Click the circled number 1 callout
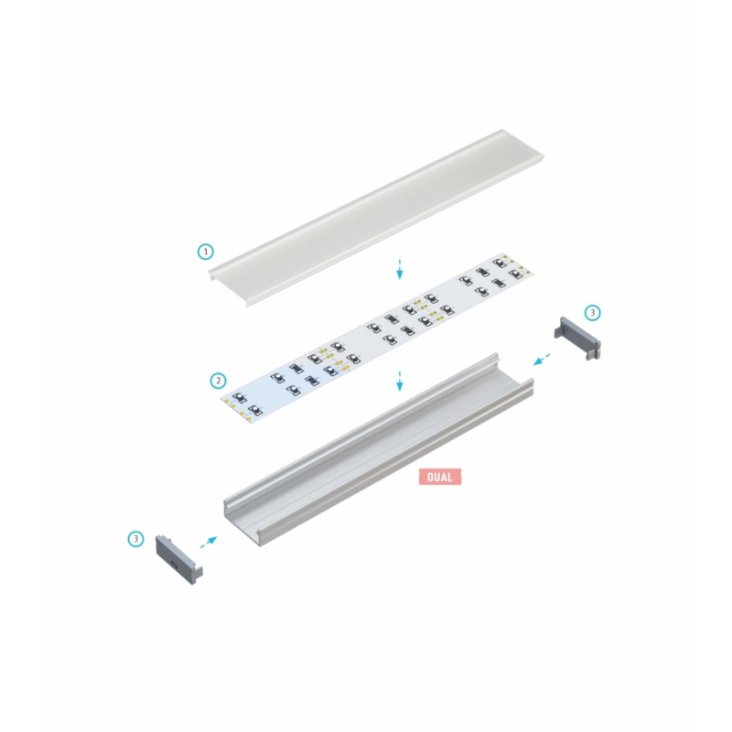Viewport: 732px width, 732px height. click(x=206, y=250)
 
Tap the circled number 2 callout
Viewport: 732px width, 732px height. click(x=218, y=380)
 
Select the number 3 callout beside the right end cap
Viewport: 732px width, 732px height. click(x=592, y=313)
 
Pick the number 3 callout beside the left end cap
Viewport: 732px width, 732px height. click(x=136, y=539)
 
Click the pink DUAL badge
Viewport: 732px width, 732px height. click(x=439, y=477)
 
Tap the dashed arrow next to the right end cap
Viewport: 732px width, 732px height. click(x=543, y=357)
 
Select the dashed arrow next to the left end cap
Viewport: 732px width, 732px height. click(x=210, y=542)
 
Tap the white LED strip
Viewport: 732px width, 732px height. click(x=375, y=333)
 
